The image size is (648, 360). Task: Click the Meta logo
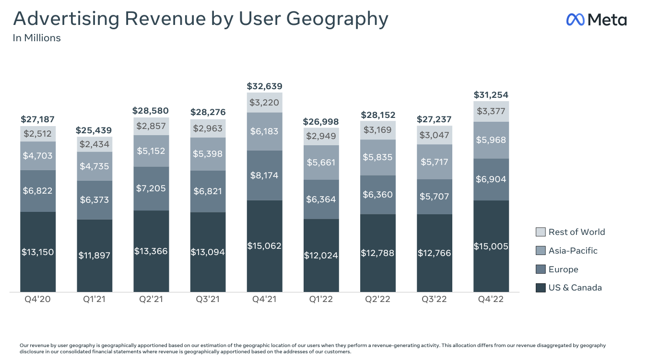596,20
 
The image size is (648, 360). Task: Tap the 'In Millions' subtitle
36,38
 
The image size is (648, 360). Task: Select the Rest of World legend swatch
541,232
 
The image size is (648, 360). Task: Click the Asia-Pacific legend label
573,251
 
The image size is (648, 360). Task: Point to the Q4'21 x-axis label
264,300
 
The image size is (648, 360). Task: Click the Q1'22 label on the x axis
321,300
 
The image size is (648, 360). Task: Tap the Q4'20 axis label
37,300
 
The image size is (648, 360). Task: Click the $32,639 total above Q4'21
264,86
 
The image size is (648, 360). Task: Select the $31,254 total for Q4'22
491,95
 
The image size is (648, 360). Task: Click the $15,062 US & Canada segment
264,245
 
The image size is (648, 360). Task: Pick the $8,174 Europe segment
264,175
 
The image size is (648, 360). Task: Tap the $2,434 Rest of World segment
94,144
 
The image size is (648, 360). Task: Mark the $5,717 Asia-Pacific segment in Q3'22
435,162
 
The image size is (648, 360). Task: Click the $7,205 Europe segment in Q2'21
151,188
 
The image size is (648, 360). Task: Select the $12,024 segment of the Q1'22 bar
321,255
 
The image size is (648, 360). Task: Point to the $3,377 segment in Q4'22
491,112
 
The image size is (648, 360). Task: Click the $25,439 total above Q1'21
94,130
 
